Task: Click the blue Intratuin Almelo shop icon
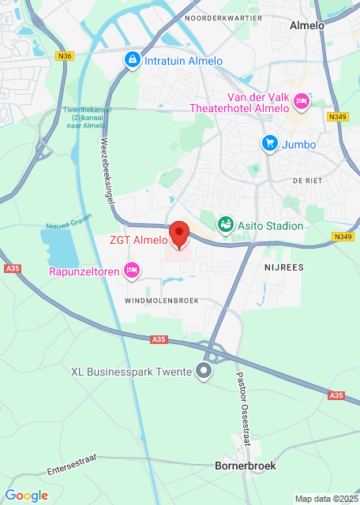131,60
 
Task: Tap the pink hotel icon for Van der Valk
301,101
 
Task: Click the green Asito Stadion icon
227,225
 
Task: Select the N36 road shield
65,56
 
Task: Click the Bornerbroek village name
246,466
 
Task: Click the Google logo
26,496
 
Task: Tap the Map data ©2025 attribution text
325,499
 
